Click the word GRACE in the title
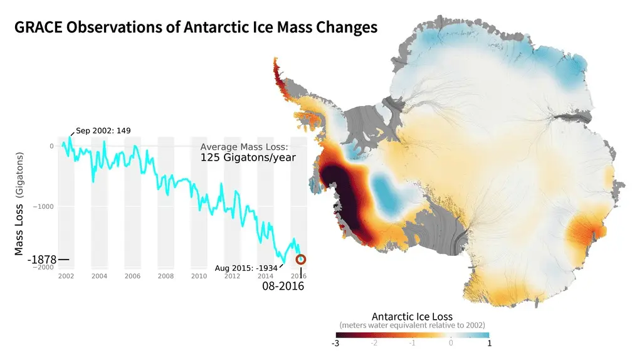coord(39,28)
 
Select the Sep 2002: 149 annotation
coord(103,131)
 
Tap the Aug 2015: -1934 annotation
coord(246,268)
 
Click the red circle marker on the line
coord(301,259)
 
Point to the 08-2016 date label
coord(283,286)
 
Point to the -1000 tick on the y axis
coord(45,206)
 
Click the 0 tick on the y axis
coord(51,146)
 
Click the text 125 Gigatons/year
coord(248,157)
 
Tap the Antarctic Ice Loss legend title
coord(412,316)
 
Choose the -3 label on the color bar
coord(336,343)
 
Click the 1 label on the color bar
coord(489,343)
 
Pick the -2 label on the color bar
coord(374,343)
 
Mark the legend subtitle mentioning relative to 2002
coord(412,325)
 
